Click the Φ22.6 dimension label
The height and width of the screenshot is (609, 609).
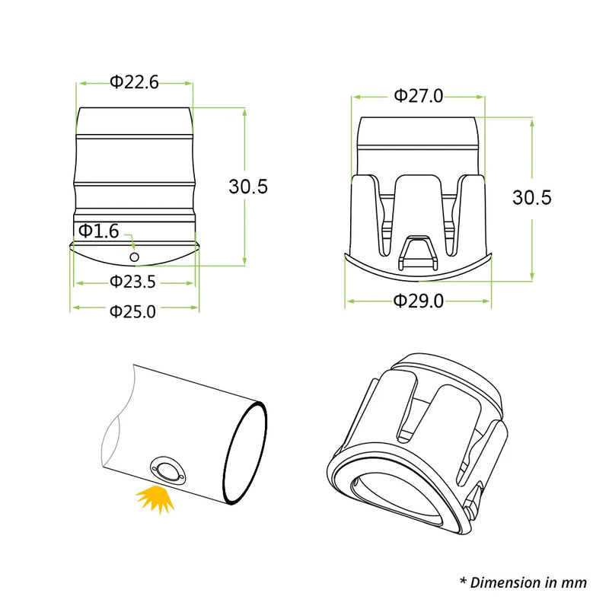(x=134, y=82)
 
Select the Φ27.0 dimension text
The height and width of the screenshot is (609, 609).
(x=418, y=96)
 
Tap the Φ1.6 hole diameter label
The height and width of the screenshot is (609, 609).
(x=98, y=231)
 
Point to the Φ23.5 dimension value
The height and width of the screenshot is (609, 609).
(x=132, y=282)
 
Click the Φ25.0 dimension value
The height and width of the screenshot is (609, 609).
(x=132, y=311)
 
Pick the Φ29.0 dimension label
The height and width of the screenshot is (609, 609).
(x=418, y=301)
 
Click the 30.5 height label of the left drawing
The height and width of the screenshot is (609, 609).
(x=248, y=187)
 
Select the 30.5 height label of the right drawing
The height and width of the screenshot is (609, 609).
(x=531, y=198)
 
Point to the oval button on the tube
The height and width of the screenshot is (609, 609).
(x=167, y=470)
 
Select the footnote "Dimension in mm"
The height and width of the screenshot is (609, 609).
(x=523, y=582)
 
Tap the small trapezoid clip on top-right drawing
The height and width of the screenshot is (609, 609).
(x=417, y=252)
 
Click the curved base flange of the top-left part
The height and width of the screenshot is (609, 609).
(x=134, y=253)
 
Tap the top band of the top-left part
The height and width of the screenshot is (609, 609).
(x=134, y=122)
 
